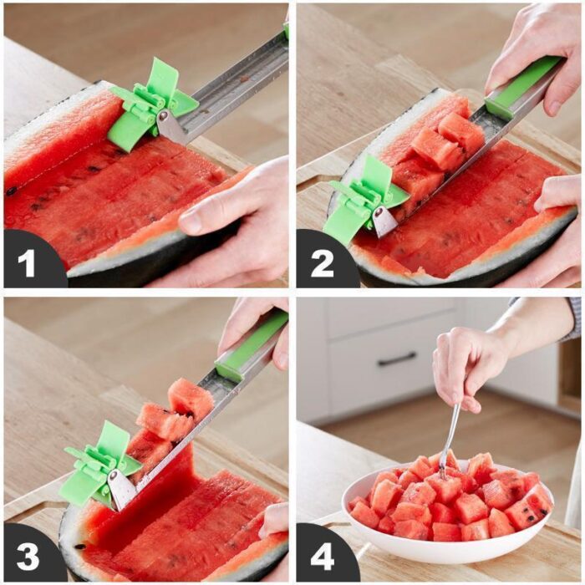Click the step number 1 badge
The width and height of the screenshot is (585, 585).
coord(28,262)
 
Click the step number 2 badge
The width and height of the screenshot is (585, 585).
coord(322,262)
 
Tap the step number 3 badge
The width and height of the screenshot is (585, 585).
coord(28,555)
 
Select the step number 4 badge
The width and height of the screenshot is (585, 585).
coord(322,555)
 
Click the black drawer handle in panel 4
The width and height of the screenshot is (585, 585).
coord(397,359)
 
